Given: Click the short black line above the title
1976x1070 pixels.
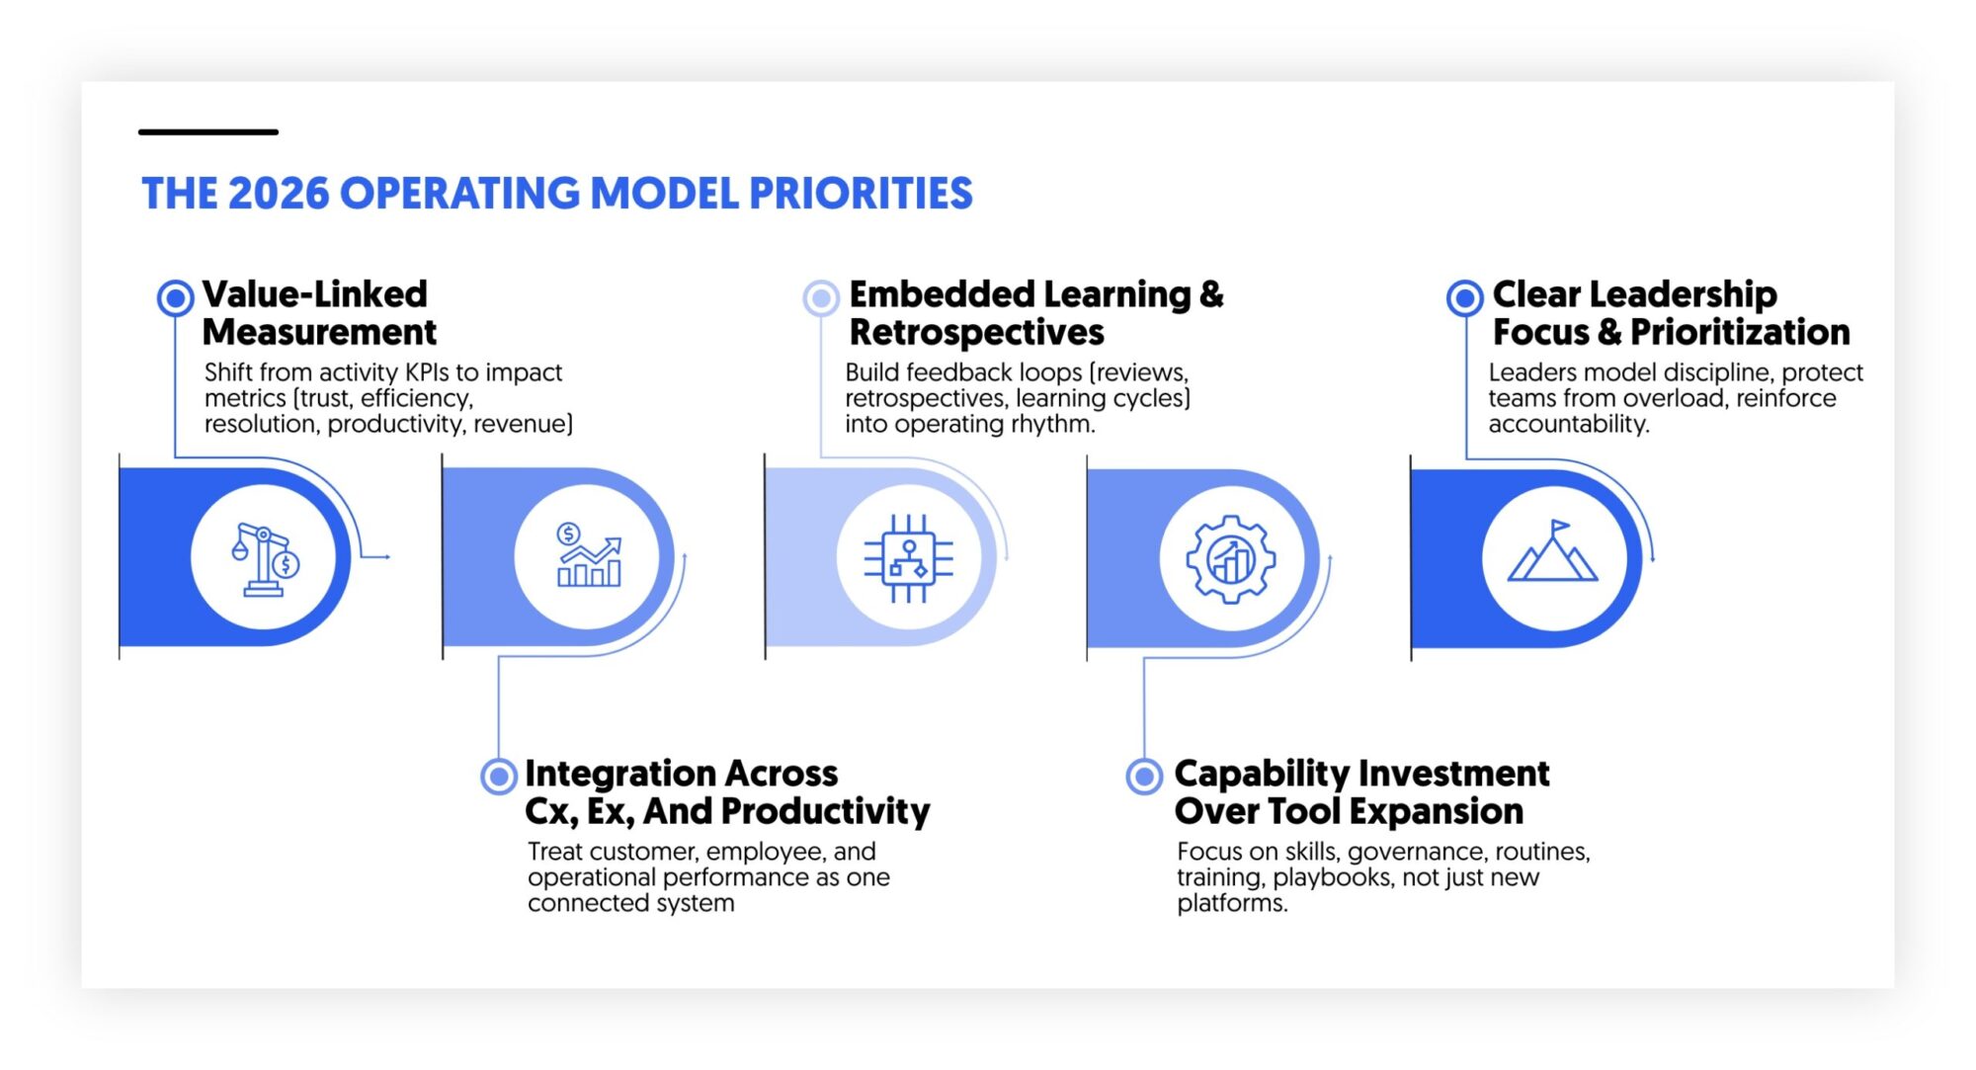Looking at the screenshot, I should point(207,131).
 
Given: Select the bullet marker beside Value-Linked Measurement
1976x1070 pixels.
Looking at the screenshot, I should point(175,297).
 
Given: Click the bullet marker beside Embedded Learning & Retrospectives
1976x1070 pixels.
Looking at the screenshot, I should point(820,297).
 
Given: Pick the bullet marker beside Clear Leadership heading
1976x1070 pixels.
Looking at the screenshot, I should point(1464,297).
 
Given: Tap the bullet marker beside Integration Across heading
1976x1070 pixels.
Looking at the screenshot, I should point(499,777).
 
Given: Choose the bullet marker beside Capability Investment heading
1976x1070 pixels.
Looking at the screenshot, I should point(1144,777).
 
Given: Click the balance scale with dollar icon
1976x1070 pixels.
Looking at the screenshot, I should point(264,559).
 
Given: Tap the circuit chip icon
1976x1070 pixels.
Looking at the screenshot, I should point(909,558).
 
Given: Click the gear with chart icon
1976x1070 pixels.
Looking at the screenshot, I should point(1231,559).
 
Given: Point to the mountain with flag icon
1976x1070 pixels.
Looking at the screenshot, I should point(1553,553).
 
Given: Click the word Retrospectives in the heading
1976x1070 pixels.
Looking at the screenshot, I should point(976,333).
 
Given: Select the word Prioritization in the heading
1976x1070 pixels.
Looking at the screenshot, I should point(1740,333).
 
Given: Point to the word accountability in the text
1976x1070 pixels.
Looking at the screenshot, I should point(1568,424).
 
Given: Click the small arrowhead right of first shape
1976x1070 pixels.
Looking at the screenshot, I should point(387,557).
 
